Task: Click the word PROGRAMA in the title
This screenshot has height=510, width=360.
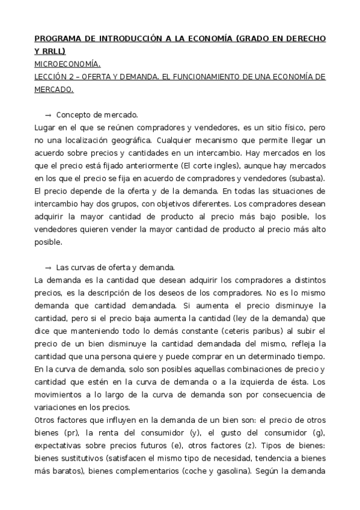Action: pos(56,38)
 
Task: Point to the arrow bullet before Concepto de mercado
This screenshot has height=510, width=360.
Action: pos(48,114)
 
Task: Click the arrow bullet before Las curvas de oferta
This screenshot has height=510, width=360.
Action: pos(48,267)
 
